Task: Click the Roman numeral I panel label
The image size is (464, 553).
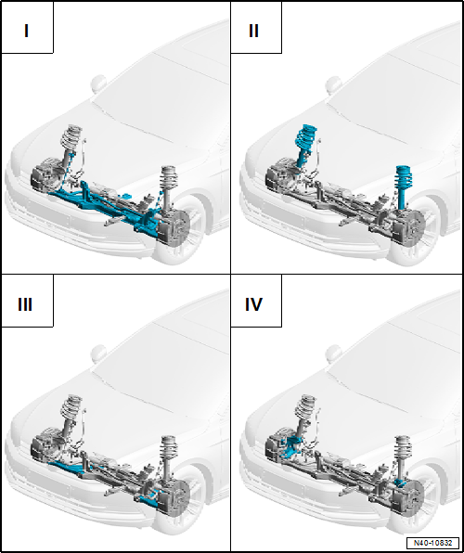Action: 27,31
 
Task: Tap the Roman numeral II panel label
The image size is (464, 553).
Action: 253,31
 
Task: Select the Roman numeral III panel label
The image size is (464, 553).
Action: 25,304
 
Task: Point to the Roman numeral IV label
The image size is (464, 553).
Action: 253,304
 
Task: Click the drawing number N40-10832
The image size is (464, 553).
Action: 433,543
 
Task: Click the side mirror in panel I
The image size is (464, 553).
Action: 98,84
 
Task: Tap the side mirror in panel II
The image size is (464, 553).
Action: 333,84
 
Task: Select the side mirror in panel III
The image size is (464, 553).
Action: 98,354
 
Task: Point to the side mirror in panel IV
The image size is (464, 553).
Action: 333,354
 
